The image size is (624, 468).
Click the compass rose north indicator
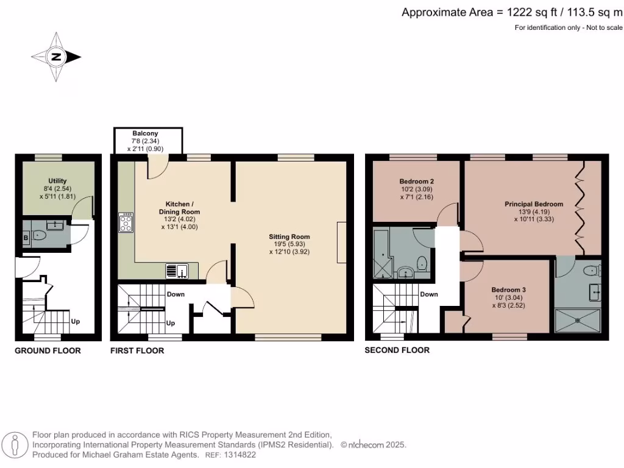coord(57,57)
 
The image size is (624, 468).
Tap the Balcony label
coord(146,133)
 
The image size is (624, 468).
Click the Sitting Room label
coord(289,236)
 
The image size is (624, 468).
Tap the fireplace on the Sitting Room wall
coord(341,243)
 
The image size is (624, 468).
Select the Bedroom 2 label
coord(417,181)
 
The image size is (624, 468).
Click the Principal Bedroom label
coord(533,204)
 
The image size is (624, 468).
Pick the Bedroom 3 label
coord(508,289)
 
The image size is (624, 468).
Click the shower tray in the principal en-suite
coord(578,321)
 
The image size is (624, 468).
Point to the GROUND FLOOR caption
coord(48,350)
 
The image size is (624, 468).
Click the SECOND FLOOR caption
coord(397,350)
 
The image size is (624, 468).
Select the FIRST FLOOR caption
coord(137,350)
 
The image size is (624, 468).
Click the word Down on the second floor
coord(429,294)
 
